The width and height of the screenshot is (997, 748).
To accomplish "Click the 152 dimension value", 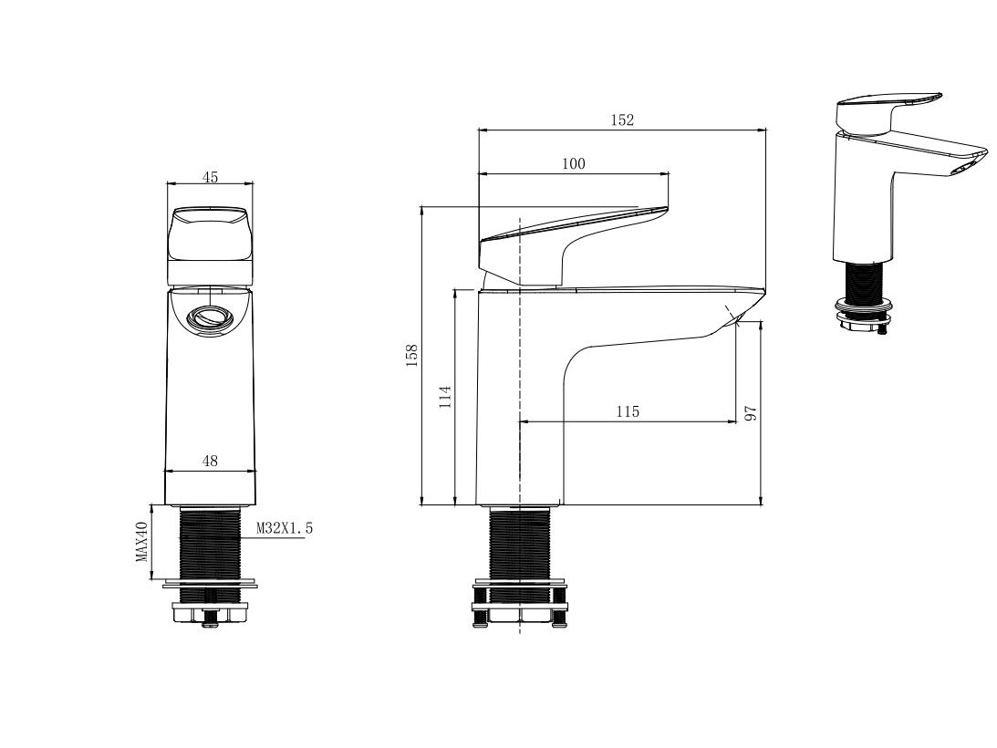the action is pyautogui.click(x=622, y=119).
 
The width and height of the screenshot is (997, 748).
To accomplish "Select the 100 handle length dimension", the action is pyautogui.click(x=573, y=163).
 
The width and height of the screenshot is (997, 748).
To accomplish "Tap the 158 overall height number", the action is pyautogui.click(x=411, y=356).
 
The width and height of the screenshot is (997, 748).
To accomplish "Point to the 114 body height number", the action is pyautogui.click(x=445, y=396).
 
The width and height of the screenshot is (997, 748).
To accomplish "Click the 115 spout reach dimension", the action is pyautogui.click(x=627, y=411).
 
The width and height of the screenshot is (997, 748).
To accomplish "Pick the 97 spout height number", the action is pyautogui.click(x=751, y=413).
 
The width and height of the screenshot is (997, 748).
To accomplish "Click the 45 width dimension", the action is pyautogui.click(x=210, y=177).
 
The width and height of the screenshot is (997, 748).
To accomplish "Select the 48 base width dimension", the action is pyautogui.click(x=210, y=460).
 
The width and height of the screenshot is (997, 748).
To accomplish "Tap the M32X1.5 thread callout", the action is pyautogui.click(x=285, y=528).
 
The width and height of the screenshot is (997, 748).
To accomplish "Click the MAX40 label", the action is pyautogui.click(x=141, y=541).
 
